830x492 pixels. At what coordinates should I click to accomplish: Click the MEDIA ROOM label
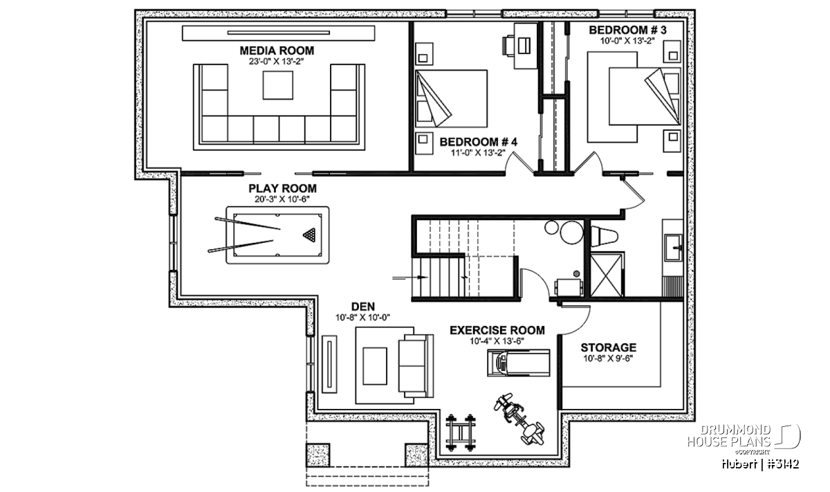pyautogui.click(x=277, y=51)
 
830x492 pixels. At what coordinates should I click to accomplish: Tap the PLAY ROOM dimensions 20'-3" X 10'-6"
pyautogui.click(x=282, y=199)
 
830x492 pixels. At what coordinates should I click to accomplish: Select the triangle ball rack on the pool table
pyautogui.click(x=309, y=235)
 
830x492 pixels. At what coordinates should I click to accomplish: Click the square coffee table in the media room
pyautogui.click(x=278, y=85)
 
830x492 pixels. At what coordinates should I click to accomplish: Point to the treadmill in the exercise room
pyautogui.click(x=518, y=363)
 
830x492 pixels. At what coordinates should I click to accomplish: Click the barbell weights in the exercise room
pyautogui.click(x=461, y=432)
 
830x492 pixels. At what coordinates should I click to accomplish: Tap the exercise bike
pyautogui.click(x=519, y=419)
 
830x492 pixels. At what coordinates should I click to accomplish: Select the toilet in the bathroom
pyautogui.click(x=604, y=237)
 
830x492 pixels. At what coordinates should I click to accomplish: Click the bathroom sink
pyautogui.click(x=673, y=247)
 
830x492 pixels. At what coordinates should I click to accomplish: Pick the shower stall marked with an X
pyautogui.click(x=605, y=275)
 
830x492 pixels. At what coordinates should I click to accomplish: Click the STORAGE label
pyautogui.click(x=609, y=347)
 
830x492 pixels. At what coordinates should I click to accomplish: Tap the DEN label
pyautogui.click(x=362, y=307)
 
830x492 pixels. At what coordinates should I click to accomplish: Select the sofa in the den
pyautogui.click(x=416, y=365)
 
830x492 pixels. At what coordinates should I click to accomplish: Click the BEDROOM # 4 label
pyautogui.click(x=479, y=142)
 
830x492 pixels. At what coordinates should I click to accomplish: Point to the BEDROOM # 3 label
pyautogui.click(x=628, y=30)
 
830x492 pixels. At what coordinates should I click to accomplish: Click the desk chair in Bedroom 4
pyautogui.click(x=508, y=46)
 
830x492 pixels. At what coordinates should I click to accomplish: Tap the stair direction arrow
pyautogui.click(x=410, y=277)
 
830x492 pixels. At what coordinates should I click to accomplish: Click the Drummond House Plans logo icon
pyautogui.click(x=788, y=437)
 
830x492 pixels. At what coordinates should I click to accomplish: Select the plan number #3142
pyautogui.click(x=782, y=464)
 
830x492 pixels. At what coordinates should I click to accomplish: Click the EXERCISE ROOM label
pyautogui.click(x=497, y=330)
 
